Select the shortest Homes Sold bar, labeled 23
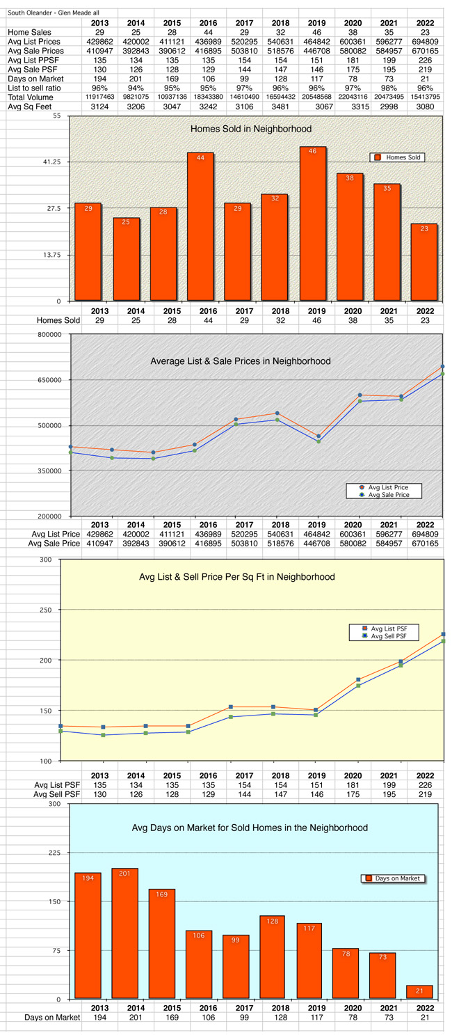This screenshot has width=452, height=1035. coord(424,262)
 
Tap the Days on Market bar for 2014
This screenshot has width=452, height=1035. coord(125,933)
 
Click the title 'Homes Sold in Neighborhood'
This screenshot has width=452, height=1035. coord(251,129)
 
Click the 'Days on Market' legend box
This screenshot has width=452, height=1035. coord(393,878)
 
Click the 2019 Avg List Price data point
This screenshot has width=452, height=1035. coord(318,436)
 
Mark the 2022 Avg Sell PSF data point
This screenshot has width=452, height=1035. coord(443,641)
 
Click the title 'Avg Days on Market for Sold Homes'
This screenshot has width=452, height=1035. coord(250,828)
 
